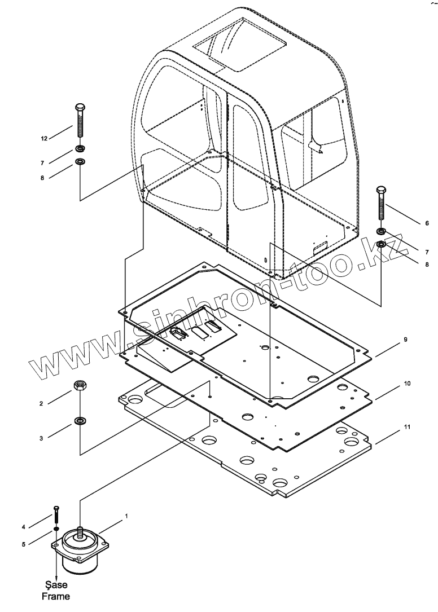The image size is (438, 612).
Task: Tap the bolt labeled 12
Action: pos(79,122)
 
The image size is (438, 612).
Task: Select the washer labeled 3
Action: pos(79,421)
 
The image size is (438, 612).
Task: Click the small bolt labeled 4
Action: pos(56,516)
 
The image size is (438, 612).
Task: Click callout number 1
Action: pos(126,516)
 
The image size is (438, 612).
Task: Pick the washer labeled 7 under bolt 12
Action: pos(80,149)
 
